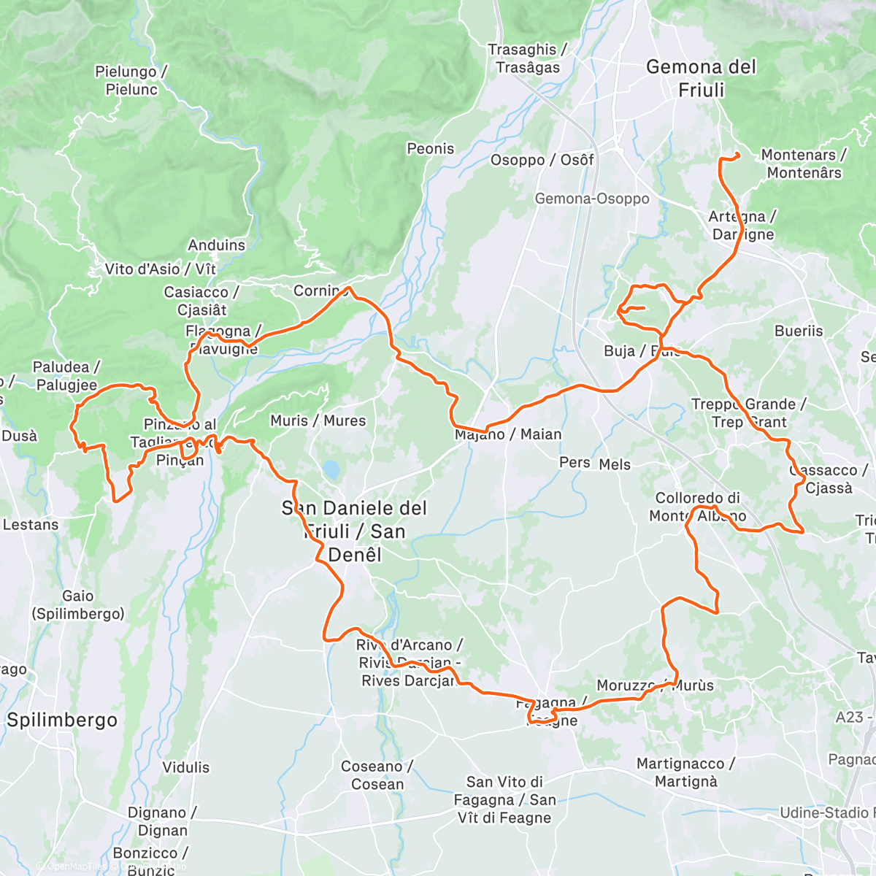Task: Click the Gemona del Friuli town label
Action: (701, 78)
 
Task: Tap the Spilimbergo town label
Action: (62, 720)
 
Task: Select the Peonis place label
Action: (430, 149)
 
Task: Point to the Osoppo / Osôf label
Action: (542, 160)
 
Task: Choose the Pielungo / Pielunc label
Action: (131, 80)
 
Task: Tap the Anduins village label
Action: (216, 245)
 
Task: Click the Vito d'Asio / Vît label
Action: (161, 269)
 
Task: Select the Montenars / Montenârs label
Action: (803, 164)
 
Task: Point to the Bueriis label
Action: (799, 331)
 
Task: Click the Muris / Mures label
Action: (318, 421)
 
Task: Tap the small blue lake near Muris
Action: (332, 469)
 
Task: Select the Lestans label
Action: (31, 525)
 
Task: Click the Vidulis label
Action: (185, 767)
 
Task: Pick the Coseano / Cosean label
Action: (377, 775)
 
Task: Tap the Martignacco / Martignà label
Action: (685, 772)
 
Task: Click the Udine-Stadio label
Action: (825, 812)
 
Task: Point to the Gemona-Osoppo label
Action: (591, 199)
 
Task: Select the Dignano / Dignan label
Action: (162, 821)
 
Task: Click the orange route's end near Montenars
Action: (738, 154)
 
